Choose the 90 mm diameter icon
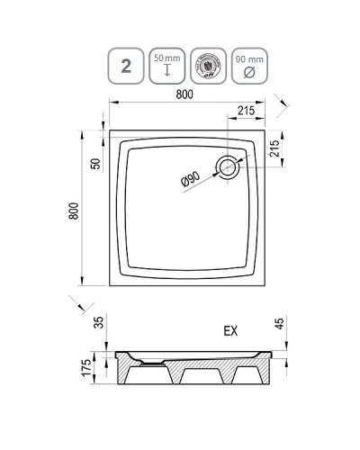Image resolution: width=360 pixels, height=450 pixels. point(247,66)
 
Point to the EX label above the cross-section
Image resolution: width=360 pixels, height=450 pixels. point(232,329)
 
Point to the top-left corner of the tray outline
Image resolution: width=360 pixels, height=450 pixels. point(110,129)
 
